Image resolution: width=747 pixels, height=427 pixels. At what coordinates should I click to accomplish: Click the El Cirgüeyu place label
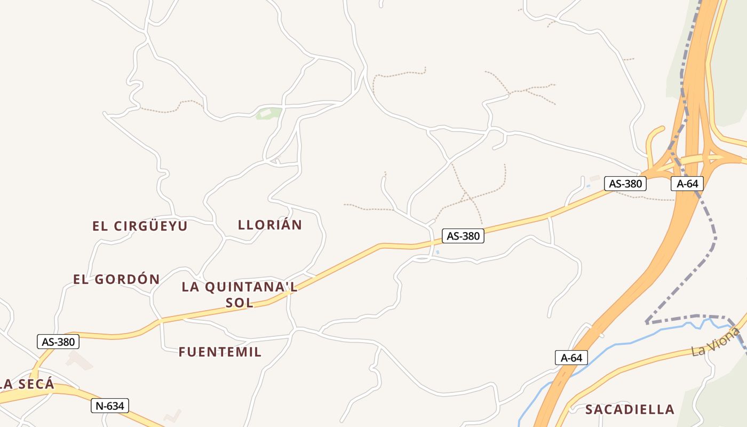coord(140,226)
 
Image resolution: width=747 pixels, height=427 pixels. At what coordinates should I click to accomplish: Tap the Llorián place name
coord(270,225)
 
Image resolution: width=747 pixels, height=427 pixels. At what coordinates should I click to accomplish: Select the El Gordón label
coord(116,279)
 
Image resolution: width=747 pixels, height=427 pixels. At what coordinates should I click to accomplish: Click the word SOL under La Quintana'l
coord(240,303)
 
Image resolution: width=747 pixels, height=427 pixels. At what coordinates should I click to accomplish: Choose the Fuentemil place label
coord(220,352)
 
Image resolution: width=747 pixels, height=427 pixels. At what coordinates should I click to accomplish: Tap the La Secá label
coord(28,384)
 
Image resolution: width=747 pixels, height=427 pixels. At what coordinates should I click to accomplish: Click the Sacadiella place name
coord(630,410)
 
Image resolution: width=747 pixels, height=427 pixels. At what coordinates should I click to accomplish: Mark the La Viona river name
coord(716,342)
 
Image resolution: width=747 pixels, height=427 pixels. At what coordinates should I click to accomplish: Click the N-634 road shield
coord(110,406)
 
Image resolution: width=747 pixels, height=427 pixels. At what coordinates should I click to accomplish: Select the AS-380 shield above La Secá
coord(58,342)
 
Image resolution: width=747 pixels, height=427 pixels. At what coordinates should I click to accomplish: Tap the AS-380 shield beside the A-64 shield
coord(625,184)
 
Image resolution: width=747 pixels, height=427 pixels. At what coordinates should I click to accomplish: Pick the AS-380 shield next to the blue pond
coord(463,236)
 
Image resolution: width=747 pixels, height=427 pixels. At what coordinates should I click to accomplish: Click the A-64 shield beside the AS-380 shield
coord(687,184)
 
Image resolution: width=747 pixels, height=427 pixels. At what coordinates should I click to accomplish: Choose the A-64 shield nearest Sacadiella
coord(571,358)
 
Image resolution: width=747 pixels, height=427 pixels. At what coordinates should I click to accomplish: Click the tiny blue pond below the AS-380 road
coord(438,252)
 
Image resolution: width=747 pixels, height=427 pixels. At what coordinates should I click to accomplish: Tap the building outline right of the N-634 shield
coord(172,416)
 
